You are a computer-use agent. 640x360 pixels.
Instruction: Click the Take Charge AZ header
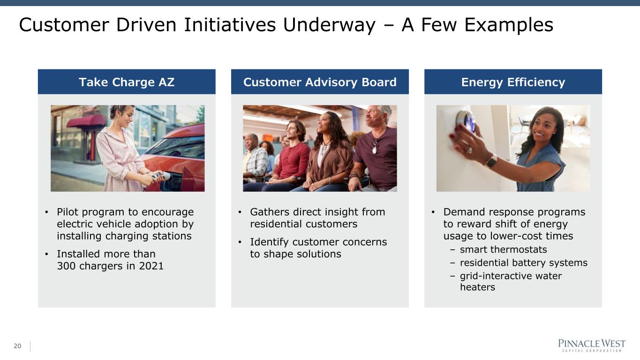point(127,82)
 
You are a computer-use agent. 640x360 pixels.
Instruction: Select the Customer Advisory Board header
point(320,82)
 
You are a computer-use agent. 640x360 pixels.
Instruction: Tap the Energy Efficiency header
point(513,82)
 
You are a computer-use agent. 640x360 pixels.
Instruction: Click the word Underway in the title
point(329,25)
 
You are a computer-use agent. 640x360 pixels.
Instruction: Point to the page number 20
point(17,346)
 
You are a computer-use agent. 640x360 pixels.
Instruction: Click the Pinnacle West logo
point(592,345)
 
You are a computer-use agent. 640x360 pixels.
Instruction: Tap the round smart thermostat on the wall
point(465,121)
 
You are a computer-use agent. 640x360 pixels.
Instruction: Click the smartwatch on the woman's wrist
point(490,161)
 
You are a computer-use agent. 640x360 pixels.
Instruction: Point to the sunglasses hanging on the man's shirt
point(375,146)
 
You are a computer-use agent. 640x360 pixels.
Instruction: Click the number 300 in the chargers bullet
point(66,266)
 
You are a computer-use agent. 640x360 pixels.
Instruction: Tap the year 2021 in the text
point(151,266)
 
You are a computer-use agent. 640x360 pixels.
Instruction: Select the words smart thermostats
point(503,249)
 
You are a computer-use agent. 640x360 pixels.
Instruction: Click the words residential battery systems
point(523,262)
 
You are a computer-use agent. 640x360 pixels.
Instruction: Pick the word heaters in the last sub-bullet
point(477,287)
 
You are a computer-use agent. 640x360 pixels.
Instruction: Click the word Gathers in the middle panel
point(270,212)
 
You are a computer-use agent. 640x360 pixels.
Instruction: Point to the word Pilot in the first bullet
point(67,212)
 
